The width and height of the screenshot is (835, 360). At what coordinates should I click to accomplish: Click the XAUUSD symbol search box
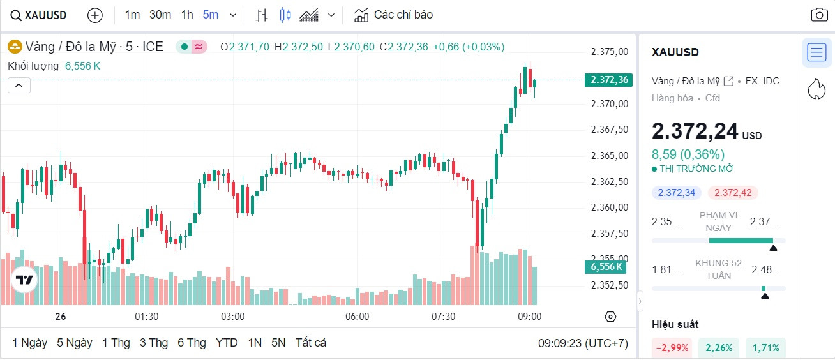coord(39,15)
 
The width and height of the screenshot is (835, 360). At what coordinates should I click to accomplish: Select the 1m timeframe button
coord(132,15)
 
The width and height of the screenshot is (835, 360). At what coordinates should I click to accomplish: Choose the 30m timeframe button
coord(160,15)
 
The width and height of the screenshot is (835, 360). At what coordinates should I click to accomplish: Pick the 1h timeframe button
coord(187,15)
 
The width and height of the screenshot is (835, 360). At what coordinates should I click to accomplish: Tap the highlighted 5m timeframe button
coord(210,15)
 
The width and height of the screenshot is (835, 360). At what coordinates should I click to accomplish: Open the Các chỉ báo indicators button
coord(394,15)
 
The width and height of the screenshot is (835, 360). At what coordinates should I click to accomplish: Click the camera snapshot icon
coord(818,15)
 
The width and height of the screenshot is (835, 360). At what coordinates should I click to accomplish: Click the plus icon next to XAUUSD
coord(94,15)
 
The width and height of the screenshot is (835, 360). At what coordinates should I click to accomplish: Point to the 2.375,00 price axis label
coord(610,52)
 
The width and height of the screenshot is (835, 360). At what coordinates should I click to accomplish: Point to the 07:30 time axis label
coord(443,317)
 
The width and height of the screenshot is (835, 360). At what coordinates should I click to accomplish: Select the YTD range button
coord(227,343)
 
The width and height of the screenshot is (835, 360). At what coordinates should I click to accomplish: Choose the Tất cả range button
coord(310,343)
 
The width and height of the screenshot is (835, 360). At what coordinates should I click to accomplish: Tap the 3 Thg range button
coord(154,343)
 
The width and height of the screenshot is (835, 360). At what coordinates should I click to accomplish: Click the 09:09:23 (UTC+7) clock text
coord(582,343)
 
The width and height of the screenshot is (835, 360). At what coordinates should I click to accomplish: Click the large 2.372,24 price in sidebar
coord(695,131)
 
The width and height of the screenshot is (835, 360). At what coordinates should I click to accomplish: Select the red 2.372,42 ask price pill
coord(733,193)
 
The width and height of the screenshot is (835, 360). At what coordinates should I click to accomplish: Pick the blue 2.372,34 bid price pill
coord(677,193)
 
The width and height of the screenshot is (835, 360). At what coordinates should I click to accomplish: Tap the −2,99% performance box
coord(671,348)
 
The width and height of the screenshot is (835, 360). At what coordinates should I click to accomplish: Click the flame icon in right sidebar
coord(816,89)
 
